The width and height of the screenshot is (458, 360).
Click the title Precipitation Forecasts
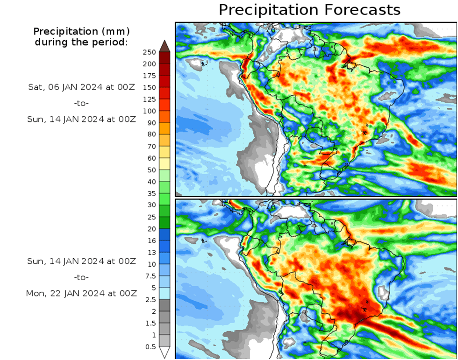(x=309, y=10)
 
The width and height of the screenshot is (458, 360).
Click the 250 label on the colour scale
(x=149, y=52)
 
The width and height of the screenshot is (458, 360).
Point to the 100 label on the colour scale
(x=149, y=111)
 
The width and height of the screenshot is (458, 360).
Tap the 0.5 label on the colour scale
(x=150, y=346)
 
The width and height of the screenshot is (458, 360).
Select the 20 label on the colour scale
(x=151, y=229)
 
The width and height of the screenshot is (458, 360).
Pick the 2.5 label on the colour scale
(x=150, y=299)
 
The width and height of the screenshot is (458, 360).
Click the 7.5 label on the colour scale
(x=150, y=276)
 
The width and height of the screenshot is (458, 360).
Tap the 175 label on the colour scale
(x=149, y=75)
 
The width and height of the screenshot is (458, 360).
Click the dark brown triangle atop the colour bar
(x=165, y=46)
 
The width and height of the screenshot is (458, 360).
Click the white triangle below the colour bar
(x=165, y=352)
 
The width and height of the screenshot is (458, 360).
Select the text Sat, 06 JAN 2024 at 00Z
(x=81, y=87)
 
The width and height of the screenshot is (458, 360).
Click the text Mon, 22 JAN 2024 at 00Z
(x=81, y=293)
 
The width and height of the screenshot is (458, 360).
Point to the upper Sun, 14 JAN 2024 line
(x=81, y=119)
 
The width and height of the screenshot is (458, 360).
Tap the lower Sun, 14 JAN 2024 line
(x=81, y=261)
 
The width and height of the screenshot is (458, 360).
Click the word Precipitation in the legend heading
(x=62, y=32)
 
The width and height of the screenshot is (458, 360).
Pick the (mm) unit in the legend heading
(x=117, y=32)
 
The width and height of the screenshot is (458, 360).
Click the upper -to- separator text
(x=81, y=103)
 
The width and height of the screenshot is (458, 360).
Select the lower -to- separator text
(x=81, y=277)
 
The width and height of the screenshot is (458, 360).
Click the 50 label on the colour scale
(x=151, y=170)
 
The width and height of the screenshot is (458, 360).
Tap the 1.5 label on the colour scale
(x=150, y=323)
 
